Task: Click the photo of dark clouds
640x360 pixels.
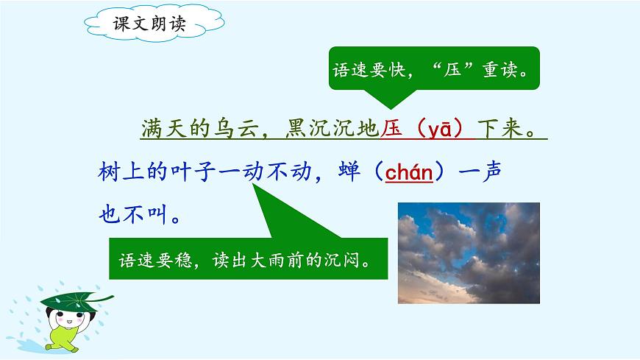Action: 469,253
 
